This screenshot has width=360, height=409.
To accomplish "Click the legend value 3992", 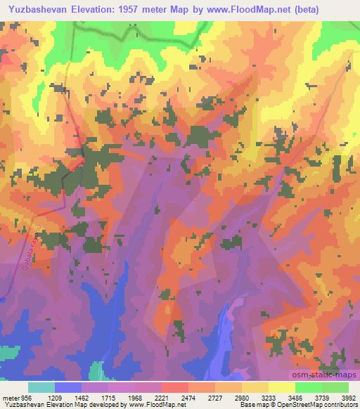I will pyautogui.click(x=349, y=397).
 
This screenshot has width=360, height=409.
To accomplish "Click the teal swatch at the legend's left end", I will pyautogui.click(x=41, y=387).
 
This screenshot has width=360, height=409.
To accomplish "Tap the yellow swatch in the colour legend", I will pyautogui.click(x=282, y=387).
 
